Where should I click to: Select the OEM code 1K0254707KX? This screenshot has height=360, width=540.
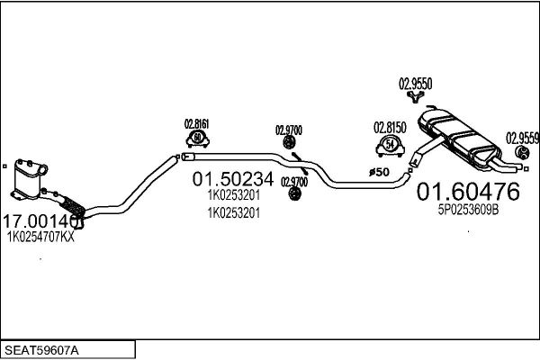[x=40, y=237]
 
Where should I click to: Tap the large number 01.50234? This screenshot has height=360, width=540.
[x=233, y=179]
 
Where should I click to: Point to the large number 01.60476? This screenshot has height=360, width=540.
[x=468, y=192]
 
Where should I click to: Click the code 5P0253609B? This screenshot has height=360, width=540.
[x=468, y=210]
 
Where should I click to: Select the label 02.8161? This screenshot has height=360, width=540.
[x=196, y=124]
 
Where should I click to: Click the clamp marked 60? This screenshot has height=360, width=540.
[x=198, y=139]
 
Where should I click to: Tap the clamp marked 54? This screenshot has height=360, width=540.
[x=391, y=146]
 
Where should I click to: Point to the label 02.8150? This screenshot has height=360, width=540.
[x=390, y=128]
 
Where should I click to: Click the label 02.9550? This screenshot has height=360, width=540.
[x=415, y=84]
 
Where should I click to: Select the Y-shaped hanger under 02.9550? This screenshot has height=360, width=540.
[x=415, y=97]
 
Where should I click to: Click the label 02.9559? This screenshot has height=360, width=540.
[x=522, y=138]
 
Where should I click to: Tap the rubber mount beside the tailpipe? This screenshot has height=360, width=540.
[x=522, y=153]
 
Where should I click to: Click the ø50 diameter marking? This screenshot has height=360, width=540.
[x=379, y=172]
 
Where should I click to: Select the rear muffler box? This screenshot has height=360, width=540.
[x=459, y=138]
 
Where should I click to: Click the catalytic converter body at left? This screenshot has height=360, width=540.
[x=28, y=178]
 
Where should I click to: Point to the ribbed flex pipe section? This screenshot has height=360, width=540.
[x=72, y=206]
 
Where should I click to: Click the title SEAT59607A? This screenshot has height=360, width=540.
[x=41, y=350]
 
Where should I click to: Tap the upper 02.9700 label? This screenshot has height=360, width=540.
[x=289, y=130]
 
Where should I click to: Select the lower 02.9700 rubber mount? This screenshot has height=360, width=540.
[x=293, y=194]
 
